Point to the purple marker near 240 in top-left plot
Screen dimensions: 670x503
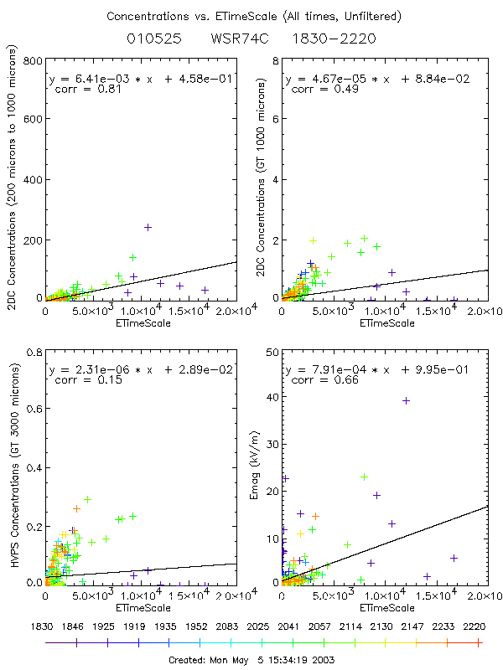click(x=148, y=227)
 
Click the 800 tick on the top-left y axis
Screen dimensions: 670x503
click(x=34, y=62)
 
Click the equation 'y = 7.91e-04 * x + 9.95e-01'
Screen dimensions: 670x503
click(x=377, y=369)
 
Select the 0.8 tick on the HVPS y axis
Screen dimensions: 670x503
click(x=34, y=353)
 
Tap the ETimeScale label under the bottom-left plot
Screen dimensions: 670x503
click(x=142, y=606)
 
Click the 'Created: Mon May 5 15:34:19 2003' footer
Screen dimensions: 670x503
click(x=251, y=659)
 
